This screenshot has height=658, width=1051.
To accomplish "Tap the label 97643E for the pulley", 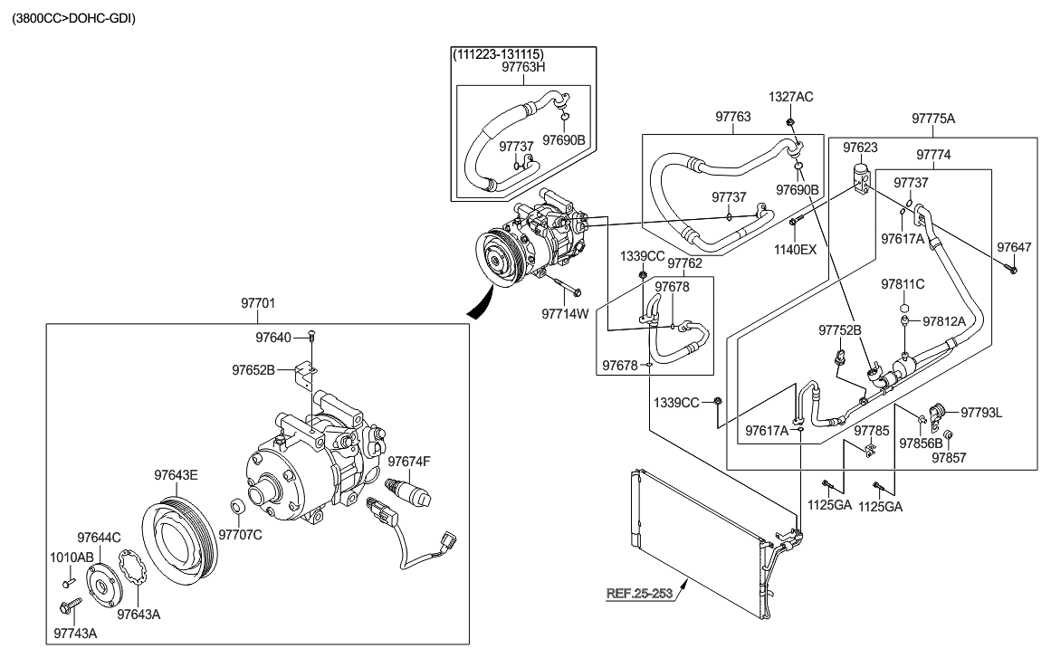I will click(175, 474).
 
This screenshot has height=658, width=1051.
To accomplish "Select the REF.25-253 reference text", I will click(640, 594).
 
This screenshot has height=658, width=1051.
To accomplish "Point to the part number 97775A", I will click(933, 119).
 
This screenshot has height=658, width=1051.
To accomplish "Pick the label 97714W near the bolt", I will click(565, 314).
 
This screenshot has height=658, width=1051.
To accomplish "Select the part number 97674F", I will click(409, 462).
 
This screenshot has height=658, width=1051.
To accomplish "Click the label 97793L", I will click(981, 413).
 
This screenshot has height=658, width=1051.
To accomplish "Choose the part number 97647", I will click(1014, 246).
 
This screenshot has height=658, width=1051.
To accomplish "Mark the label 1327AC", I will click(791, 96).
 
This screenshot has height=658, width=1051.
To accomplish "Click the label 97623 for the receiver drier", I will click(861, 146).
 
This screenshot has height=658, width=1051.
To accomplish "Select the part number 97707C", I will click(240, 534).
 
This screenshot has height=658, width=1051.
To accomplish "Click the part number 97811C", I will click(903, 284).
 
